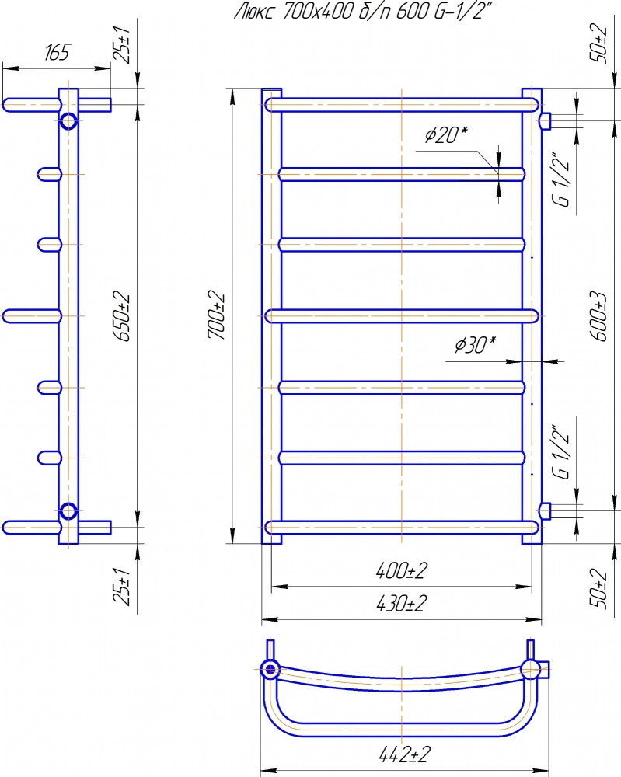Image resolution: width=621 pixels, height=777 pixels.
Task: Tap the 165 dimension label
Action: point(58,53)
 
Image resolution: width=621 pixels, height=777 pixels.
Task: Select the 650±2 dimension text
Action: point(122,317)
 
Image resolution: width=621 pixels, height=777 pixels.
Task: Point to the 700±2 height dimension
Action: point(216,316)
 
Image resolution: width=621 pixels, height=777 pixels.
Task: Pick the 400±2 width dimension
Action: point(402,571)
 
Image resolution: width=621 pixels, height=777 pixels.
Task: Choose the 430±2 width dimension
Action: point(402,604)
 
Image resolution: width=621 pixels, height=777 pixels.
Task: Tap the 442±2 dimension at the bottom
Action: point(404,754)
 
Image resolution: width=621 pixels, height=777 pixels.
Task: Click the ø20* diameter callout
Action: point(447,134)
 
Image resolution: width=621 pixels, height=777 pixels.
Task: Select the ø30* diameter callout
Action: point(476,344)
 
